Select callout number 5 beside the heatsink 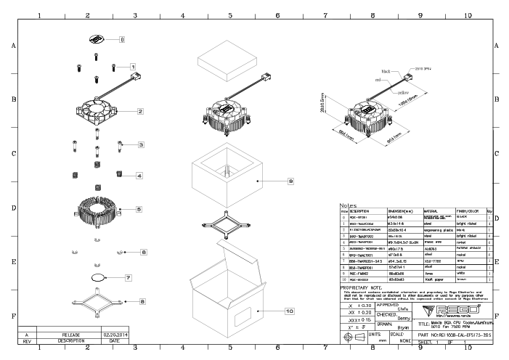(x=139, y=208)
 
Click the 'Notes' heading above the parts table (x=348, y=206)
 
